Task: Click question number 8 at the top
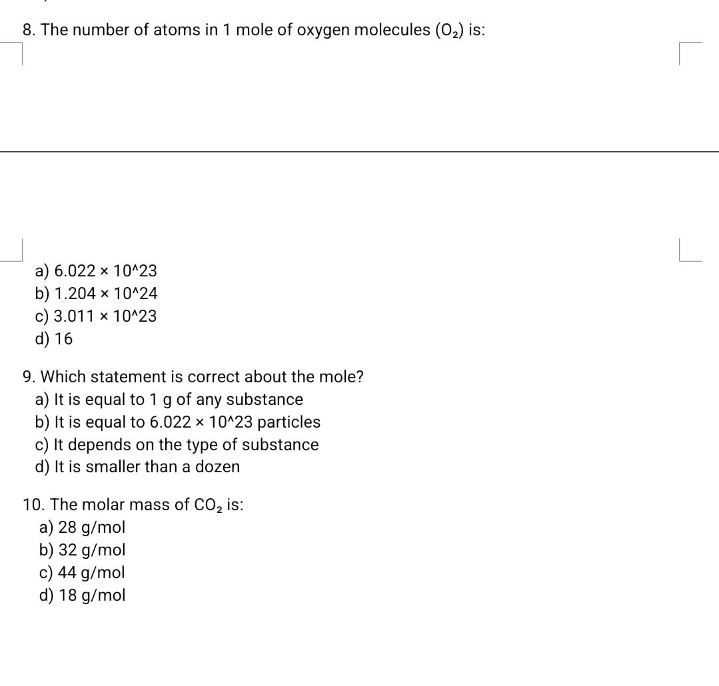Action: pos(29,31)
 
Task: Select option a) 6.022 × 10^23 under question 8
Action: pos(96,271)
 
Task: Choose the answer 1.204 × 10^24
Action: pos(96,294)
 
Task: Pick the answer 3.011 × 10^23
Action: pos(96,316)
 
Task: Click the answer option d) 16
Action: pos(54,339)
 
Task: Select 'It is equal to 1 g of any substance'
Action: pos(169,400)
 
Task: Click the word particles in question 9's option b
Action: pos(289,422)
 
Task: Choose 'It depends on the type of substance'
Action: pos(177,445)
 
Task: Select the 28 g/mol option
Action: pos(82,528)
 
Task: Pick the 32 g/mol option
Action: pos(82,551)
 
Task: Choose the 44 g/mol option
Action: pos(82,573)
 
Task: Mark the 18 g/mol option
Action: pos(82,596)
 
